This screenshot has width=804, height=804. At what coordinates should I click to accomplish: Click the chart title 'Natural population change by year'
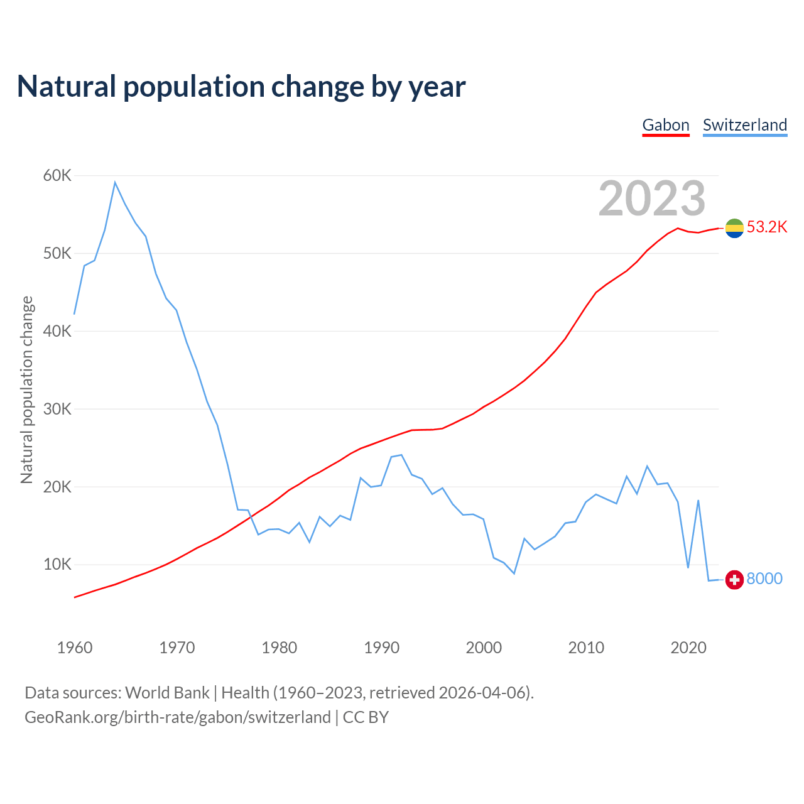coord(241,87)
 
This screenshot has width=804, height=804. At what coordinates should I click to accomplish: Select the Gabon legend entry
coord(666,125)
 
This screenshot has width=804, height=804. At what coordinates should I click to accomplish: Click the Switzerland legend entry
coord(745,125)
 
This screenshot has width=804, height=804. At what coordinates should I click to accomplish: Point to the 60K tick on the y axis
coord(57,176)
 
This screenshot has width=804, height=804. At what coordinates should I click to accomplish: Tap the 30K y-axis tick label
coord(57,410)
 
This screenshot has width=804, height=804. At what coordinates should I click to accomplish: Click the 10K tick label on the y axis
coord(57,565)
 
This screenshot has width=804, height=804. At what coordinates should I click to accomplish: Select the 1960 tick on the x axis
coord(75,648)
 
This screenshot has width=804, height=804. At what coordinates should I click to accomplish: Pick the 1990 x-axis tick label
coord(382,648)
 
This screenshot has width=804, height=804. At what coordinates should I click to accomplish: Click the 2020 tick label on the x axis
coord(688,648)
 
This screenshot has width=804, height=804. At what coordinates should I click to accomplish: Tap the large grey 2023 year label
coord(652,198)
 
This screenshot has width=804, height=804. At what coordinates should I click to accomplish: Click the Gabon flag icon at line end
coord(734,228)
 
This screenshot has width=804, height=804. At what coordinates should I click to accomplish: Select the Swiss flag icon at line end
coord(734,580)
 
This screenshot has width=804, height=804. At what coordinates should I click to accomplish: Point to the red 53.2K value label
coord(767,227)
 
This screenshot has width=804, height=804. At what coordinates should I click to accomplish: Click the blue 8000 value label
coord(764,579)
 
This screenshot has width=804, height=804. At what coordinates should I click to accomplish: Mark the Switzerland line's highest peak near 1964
coord(115,182)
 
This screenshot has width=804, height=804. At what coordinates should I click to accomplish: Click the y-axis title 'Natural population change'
coord(27,390)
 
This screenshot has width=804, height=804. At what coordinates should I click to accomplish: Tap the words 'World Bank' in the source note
coord(167,693)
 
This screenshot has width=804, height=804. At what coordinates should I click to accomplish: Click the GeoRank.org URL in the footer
coord(178,717)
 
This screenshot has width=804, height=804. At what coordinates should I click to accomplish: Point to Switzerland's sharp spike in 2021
coord(698,501)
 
